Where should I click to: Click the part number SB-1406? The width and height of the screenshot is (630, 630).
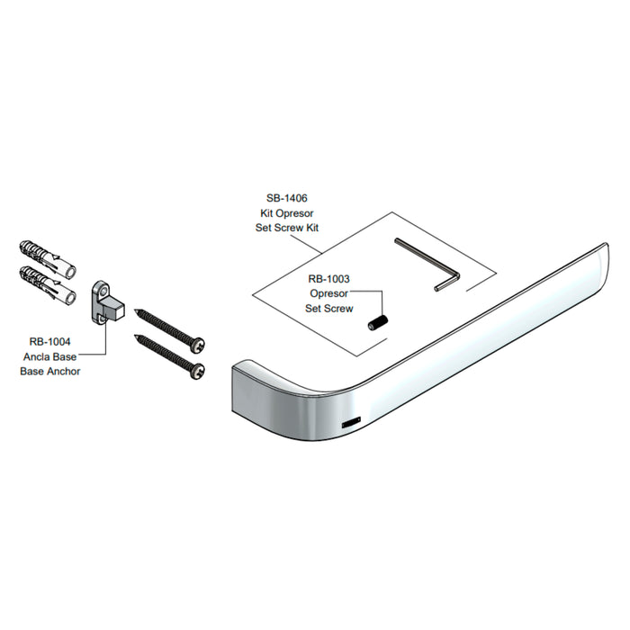(287, 198)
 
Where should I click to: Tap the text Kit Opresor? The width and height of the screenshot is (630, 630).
(287, 213)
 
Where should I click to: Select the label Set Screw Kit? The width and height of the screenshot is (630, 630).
(287, 228)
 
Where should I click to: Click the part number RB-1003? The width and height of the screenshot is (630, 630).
(329, 279)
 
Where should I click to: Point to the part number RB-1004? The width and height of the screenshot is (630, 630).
(49, 342)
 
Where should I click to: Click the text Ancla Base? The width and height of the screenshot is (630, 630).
(49, 356)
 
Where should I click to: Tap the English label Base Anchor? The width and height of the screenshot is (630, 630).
(50, 371)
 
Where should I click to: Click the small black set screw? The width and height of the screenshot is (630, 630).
(378, 323)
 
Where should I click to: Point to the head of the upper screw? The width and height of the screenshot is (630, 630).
(198, 345)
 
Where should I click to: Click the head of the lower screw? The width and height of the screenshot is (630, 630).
(198, 371)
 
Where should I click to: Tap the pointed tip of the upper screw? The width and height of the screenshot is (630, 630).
(135, 310)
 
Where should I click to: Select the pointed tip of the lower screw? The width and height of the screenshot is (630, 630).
(135, 336)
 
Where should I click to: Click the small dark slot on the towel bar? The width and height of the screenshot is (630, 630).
(351, 423)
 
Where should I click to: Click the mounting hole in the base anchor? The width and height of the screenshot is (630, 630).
(103, 289)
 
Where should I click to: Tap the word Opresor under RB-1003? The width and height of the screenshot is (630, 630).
(329, 293)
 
